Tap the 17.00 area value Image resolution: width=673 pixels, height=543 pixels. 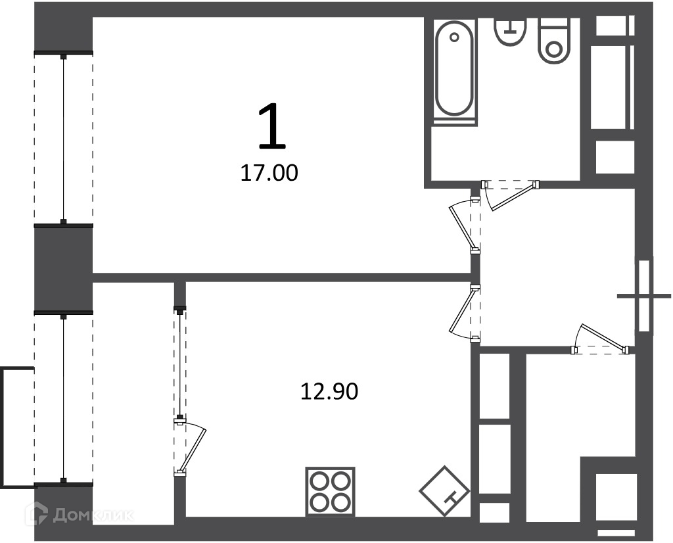pos(269,174)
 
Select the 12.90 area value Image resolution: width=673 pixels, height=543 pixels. pos(329,392)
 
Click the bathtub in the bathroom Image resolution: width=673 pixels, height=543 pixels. pos(455,70)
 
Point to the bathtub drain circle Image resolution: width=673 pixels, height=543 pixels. pos(455,37)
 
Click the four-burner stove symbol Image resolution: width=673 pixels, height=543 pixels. pos(330,492)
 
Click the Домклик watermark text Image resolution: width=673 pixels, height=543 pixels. pos(93,515)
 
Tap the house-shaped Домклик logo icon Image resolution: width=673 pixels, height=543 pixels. pos(36,514)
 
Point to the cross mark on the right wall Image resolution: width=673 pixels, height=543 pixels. pos(644,296)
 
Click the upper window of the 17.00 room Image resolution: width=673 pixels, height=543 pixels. pos(64,139)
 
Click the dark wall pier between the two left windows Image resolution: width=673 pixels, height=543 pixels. pos(64,269)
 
